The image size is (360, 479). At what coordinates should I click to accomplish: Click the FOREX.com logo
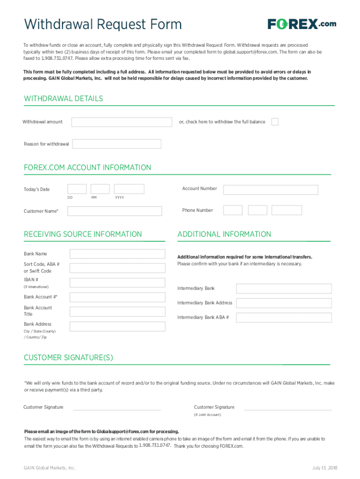point(302,24)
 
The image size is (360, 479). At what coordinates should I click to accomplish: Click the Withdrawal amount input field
point(122,122)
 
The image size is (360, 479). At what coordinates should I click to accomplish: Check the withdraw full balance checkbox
point(275,122)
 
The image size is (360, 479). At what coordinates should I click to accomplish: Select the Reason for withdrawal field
point(117,144)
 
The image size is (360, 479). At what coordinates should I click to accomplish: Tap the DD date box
point(77,189)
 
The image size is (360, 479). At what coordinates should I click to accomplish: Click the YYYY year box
point(129,189)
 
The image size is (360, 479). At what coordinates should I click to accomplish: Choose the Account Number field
point(270,189)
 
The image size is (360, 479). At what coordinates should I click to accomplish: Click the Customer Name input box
point(115,211)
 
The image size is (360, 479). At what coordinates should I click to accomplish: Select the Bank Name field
point(117,254)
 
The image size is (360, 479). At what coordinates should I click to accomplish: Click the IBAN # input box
point(117,283)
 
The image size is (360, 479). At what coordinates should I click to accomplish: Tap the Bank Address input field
point(117,327)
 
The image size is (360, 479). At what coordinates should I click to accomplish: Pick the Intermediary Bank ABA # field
point(284,318)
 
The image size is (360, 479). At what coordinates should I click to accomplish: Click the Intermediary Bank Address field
point(284,303)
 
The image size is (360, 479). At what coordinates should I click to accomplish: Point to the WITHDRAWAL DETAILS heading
point(63,99)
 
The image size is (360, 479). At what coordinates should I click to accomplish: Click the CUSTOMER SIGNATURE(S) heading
point(68,358)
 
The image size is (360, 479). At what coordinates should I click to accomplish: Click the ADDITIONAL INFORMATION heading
point(224,234)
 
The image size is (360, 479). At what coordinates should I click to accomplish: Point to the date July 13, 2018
point(324,468)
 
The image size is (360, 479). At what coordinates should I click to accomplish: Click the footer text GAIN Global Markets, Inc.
point(50,468)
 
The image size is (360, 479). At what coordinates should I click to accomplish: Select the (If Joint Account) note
point(208,415)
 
